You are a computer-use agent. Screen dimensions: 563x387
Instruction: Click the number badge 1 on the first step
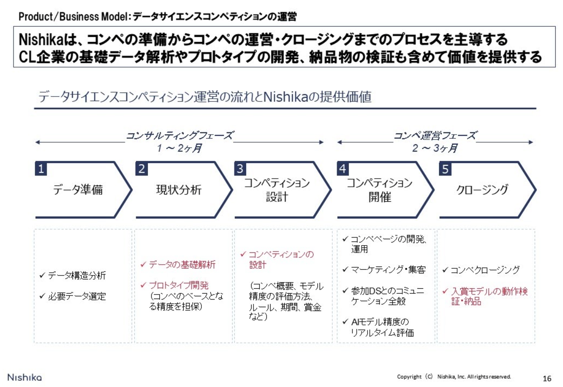pyautogui.click(x=41, y=169)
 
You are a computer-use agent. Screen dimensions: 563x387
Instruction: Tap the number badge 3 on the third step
pyautogui.click(x=240, y=169)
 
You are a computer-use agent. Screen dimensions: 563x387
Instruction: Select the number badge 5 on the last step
pyautogui.click(x=445, y=169)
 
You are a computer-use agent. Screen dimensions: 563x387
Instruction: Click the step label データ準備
pyautogui.click(x=78, y=190)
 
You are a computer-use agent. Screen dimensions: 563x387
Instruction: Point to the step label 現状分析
pyautogui.click(x=179, y=190)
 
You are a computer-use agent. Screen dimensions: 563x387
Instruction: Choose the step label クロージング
pyautogui.click(x=482, y=190)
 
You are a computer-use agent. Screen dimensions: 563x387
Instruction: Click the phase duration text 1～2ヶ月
pyautogui.click(x=179, y=148)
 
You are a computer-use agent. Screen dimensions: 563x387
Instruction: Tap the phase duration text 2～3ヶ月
pyautogui.click(x=434, y=148)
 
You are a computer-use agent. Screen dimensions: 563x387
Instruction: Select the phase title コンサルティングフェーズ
pyautogui.click(x=180, y=135)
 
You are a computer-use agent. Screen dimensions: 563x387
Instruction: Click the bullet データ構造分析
pyautogui.click(x=76, y=276)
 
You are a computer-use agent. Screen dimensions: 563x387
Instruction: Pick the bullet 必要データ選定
pyautogui.click(x=76, y=296)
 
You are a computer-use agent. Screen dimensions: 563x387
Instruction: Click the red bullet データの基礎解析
pyautogui.click(x=182, y=265)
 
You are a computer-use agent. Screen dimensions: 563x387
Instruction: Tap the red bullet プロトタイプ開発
pyautogui.click(x=178, y=285)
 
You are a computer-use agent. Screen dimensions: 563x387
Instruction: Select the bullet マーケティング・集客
pyautogui.click(x=388, y=270)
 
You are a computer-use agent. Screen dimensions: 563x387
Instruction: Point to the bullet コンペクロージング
pyautogui.click(x=485, y=270)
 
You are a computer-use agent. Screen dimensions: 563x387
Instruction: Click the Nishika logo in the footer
pyautogui.click(x=24, y=377)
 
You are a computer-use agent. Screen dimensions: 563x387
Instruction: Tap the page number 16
pyautogui.click(x=547, y=378)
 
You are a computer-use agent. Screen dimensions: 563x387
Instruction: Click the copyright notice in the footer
pyautogui.click(x=454, y=377)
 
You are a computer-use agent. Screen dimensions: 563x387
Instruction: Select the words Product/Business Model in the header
pyautogui.click(x=73, y=17)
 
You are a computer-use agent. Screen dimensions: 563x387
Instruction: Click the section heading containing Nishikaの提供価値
pyautogui.click(x=205, y=97)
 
